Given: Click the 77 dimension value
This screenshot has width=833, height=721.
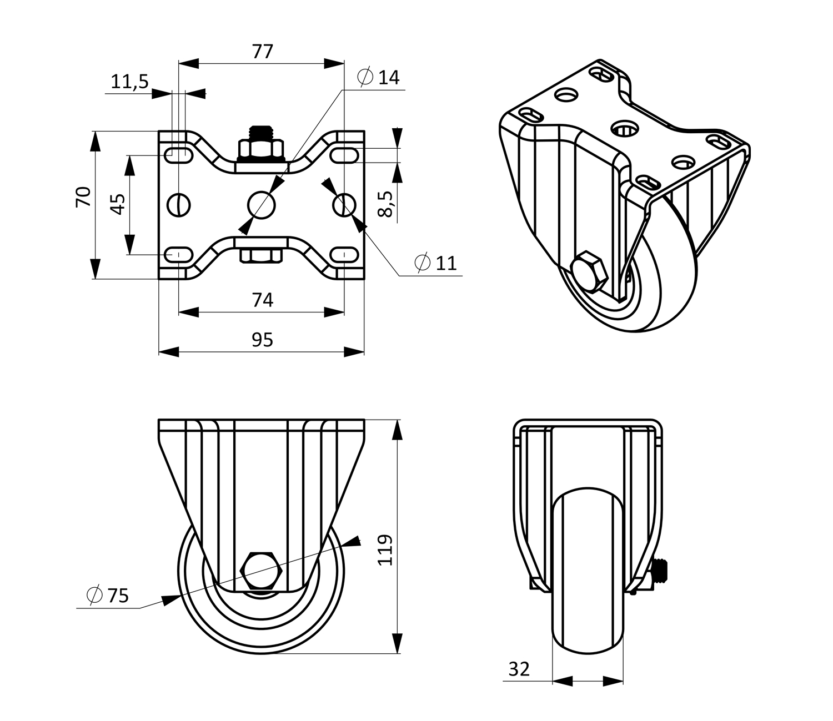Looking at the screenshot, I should pyautogui.click(x=263, y=52).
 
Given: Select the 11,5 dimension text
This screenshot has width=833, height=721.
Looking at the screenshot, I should pyautogui.click(x=129, y=82).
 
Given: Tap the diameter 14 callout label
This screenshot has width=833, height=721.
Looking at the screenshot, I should pyautogui.click(x=379, y=78).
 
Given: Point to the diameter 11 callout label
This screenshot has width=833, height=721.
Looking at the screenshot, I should pyautogui.click(x=436, y=263).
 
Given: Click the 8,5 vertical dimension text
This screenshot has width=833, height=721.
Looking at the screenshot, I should pyautogui.click(x=387, y=204).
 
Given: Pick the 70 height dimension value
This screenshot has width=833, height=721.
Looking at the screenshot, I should pyautogui.click(x=83, y=198).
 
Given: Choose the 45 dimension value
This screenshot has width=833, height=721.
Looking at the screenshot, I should pyautogui.click(x=117, y=204).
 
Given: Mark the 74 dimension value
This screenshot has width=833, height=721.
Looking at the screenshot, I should pyautogui.click(x=263, y=300).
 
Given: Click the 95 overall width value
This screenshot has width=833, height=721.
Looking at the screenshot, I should pyautogui.click(x=262, y=340).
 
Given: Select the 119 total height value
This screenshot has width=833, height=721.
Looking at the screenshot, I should pyautogui.click(x=385, y=549).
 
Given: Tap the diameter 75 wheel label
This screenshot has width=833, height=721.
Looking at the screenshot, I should pyautogui.click(x=108, y=596).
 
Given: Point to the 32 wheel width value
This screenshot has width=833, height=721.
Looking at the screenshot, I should pyautogui.click(x=519, y=669).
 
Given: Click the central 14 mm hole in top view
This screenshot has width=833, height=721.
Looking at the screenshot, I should pyautogui.click(x=261, y=205).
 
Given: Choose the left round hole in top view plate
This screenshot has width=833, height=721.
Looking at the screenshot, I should pyautogui.click(x=179, y=205).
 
